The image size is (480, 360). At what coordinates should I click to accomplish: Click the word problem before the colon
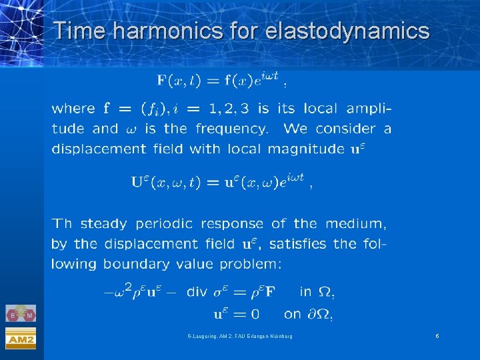[x=247, y=264]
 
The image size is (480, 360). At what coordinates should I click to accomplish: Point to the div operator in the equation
[x=197, y=292]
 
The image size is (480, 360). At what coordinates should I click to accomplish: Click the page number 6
[x=437, y=336]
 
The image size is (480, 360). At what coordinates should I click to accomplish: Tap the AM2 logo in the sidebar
[x=21, y=338]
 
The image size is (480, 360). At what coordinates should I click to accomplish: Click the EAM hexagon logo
[x=21, y=313]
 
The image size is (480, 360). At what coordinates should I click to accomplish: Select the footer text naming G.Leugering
[x=239, y=336]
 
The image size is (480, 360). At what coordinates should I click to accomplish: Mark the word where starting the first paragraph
[x=73, y=108]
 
